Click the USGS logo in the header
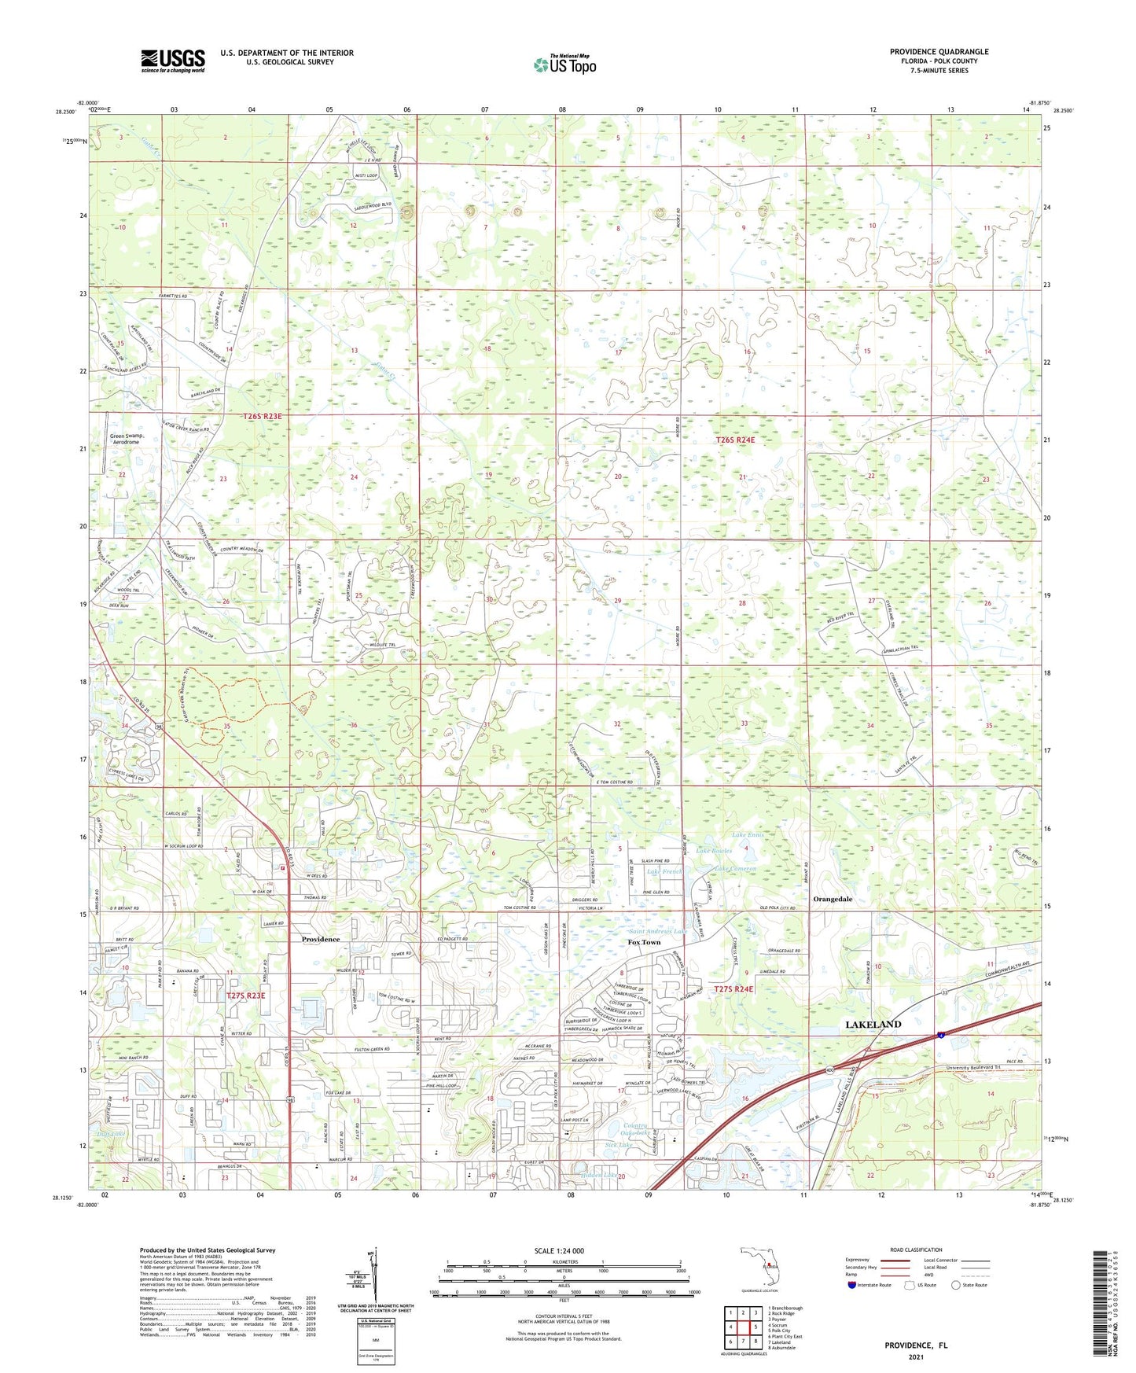pos(173,61)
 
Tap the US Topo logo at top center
pos(564,64)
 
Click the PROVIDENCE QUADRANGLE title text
pos(939,52)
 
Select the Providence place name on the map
pos(321,939)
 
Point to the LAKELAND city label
pos(873,1025)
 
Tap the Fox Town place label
pos(644,942)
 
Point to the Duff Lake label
pos(111,1133)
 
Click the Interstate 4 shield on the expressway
pos(940,1034)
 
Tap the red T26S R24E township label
pos(735,440)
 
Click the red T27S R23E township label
pos(246,996)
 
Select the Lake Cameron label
pos(735,869)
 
